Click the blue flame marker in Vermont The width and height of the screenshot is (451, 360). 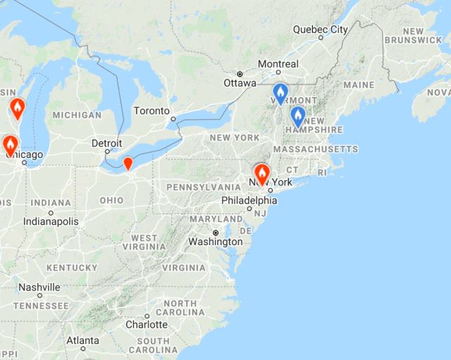tap(280, 93)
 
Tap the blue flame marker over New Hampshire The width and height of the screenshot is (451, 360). tap(298, 116)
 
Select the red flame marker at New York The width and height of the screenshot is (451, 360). tap(262, 173)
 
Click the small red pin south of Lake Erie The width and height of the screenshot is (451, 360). tap(128, 163)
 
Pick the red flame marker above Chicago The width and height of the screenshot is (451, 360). tap(11, 144)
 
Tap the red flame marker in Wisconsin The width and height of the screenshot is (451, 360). tap(18, 108)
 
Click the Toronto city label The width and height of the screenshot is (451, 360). tap(152, 111)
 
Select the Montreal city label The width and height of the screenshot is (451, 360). tap(278, 64)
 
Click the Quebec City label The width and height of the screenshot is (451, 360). tap(320, 30)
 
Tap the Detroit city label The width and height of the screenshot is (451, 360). tap(106, 143)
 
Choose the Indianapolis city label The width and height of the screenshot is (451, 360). tap(51, 221)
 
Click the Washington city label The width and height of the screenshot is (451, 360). tap(215, 242)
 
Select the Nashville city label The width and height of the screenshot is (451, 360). tap(39, 287)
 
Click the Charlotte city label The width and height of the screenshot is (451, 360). tap(147, 325)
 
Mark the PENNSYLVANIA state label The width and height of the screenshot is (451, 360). tap(203, 187)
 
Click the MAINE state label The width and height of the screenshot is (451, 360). tap(359, 85)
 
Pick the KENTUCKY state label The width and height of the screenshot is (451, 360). tap(71, 268)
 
